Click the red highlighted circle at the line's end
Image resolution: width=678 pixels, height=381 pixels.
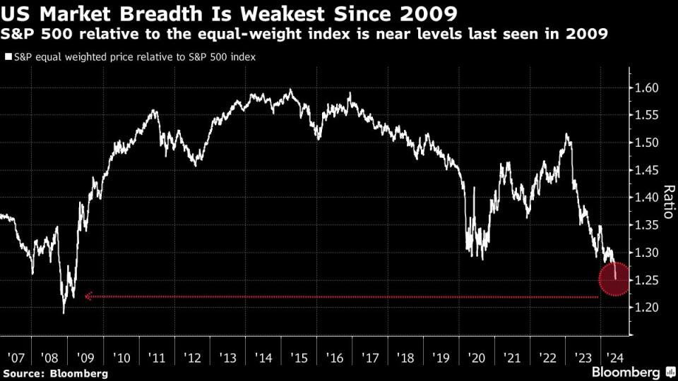click(x=614, y=279)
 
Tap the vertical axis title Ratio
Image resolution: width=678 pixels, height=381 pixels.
click(x=667, y=202)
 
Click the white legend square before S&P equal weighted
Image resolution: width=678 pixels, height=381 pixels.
click(x=8, y=57)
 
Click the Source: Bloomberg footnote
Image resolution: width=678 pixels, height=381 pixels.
click(x=56, y=373)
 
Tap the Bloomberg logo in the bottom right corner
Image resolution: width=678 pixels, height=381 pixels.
click(x=625, y=372)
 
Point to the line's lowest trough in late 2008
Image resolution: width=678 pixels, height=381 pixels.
click(x=64, y=313)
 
